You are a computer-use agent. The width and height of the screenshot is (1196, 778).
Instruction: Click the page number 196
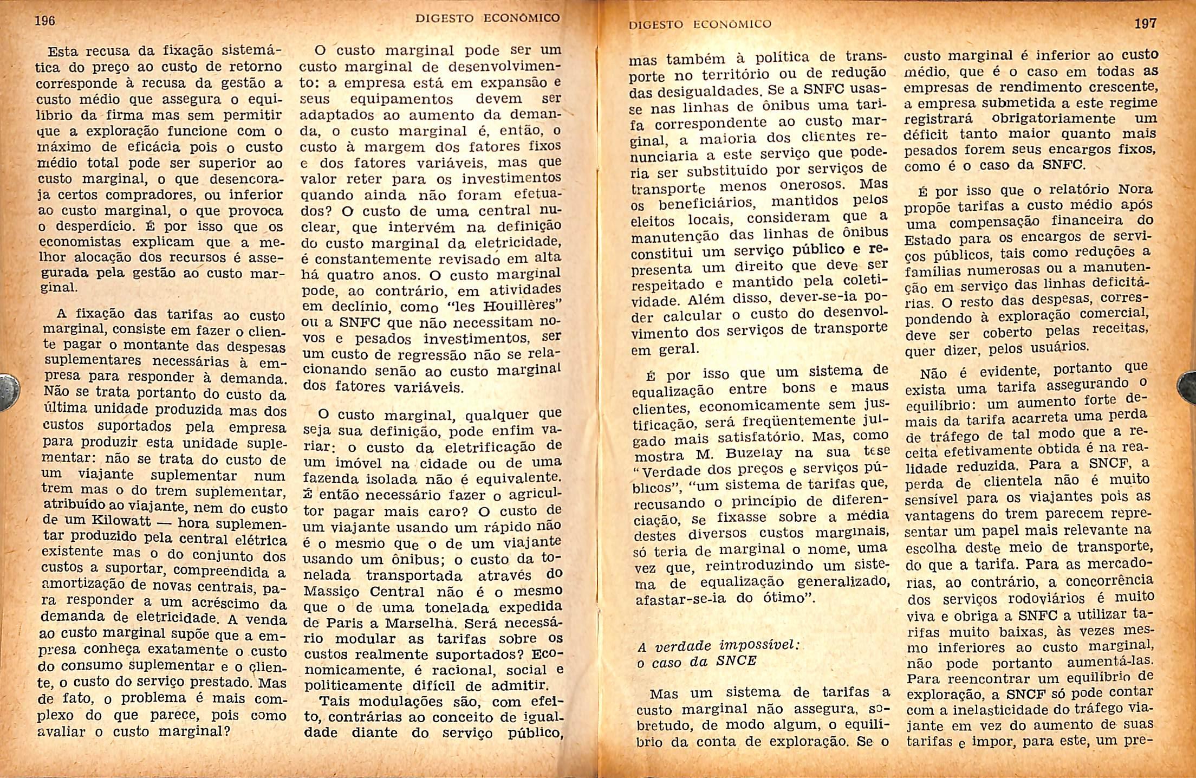coord(45,21)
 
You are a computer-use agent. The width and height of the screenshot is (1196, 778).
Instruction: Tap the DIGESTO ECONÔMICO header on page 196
coord(487,18)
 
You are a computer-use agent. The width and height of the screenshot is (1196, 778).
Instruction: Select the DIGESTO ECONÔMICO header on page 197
coord(700,24)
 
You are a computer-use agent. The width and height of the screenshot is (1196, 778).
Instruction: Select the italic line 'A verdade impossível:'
coord(719,646)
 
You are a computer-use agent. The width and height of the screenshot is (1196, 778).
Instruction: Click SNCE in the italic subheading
coord(736,661)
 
